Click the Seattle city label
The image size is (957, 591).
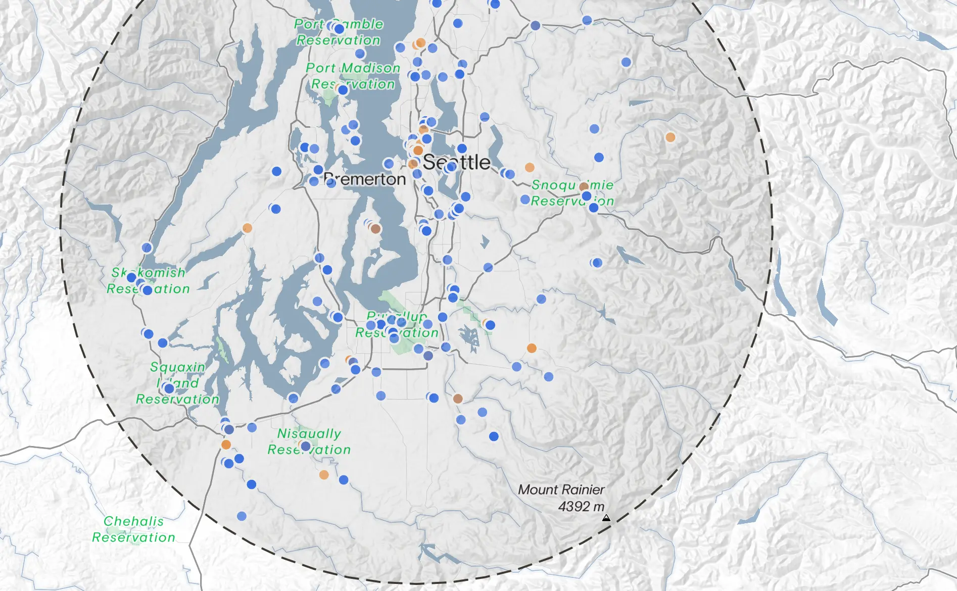pos(456,163)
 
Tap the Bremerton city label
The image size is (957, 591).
pos(365,179)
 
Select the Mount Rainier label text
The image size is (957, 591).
pos(561,489)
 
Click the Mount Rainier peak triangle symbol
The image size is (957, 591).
pos(606,518)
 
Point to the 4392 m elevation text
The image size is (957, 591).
pos(581,506)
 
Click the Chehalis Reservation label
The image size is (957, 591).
pos(133,529)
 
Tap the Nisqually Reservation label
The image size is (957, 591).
pos(309,441)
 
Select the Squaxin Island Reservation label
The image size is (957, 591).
pos(177,383)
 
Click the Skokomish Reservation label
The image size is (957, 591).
pos(148,280)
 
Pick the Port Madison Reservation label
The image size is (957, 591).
pos(353,76)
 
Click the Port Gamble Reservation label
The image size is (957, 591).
pos(338,32)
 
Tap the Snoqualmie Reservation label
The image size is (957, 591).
pos(572,193)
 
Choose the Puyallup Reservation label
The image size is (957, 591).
pos(397,325)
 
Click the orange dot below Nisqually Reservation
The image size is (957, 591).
pos(324,475)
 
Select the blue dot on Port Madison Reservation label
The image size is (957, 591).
pos(343,90)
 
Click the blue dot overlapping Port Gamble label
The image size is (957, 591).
pos(339,29)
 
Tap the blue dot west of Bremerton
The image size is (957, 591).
pos(276,171)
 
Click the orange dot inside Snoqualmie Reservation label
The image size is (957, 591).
pos(584,187)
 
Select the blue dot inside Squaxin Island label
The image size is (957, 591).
pos(169,388)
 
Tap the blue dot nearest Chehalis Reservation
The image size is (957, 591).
pos(242,516)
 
